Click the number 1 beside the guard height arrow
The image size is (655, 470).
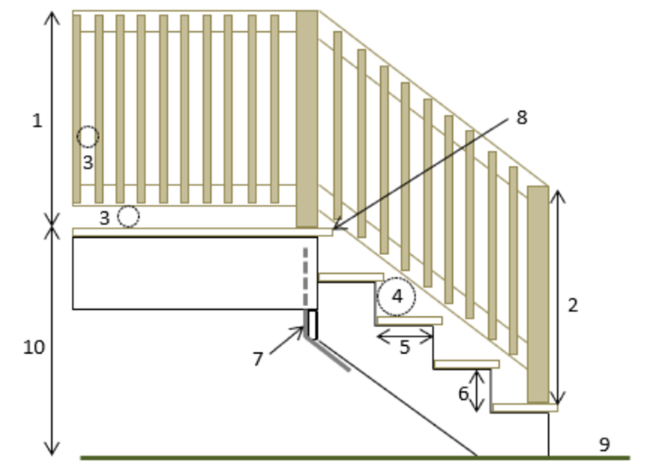[37, 121]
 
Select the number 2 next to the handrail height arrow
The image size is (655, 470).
[572, 305]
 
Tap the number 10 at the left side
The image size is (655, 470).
[34, 347]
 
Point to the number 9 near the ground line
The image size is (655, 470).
[604, 444]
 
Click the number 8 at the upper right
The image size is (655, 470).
[521, 117]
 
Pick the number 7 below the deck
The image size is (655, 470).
[258, 359]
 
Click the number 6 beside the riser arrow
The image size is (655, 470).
[463, 393]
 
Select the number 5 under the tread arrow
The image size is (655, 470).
[404, 348]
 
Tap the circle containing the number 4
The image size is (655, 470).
[396, 296]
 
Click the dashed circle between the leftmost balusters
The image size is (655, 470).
[87, 137]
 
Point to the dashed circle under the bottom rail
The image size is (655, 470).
[128, 216]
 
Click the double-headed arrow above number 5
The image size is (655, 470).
[404, 336]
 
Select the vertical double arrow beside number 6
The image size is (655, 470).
[477, 391]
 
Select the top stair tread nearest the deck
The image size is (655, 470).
[351, 277]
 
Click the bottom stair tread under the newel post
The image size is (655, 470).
[524, 408]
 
